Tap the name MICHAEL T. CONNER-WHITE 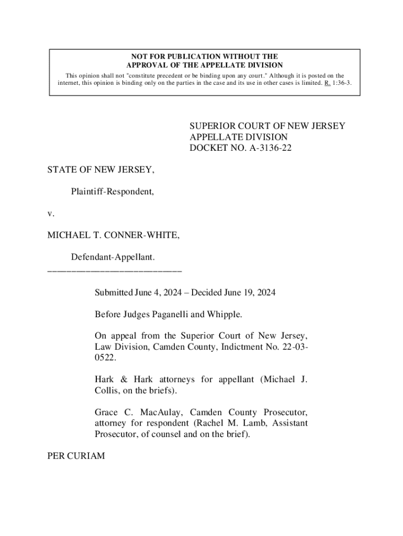[114, 236]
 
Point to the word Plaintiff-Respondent [113, 192]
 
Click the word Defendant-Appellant [113, 258]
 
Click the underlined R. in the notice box [327, 83]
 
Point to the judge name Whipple [226, 314]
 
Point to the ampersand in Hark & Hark [121, 379]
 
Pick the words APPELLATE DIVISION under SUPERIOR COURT [239, 137]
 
